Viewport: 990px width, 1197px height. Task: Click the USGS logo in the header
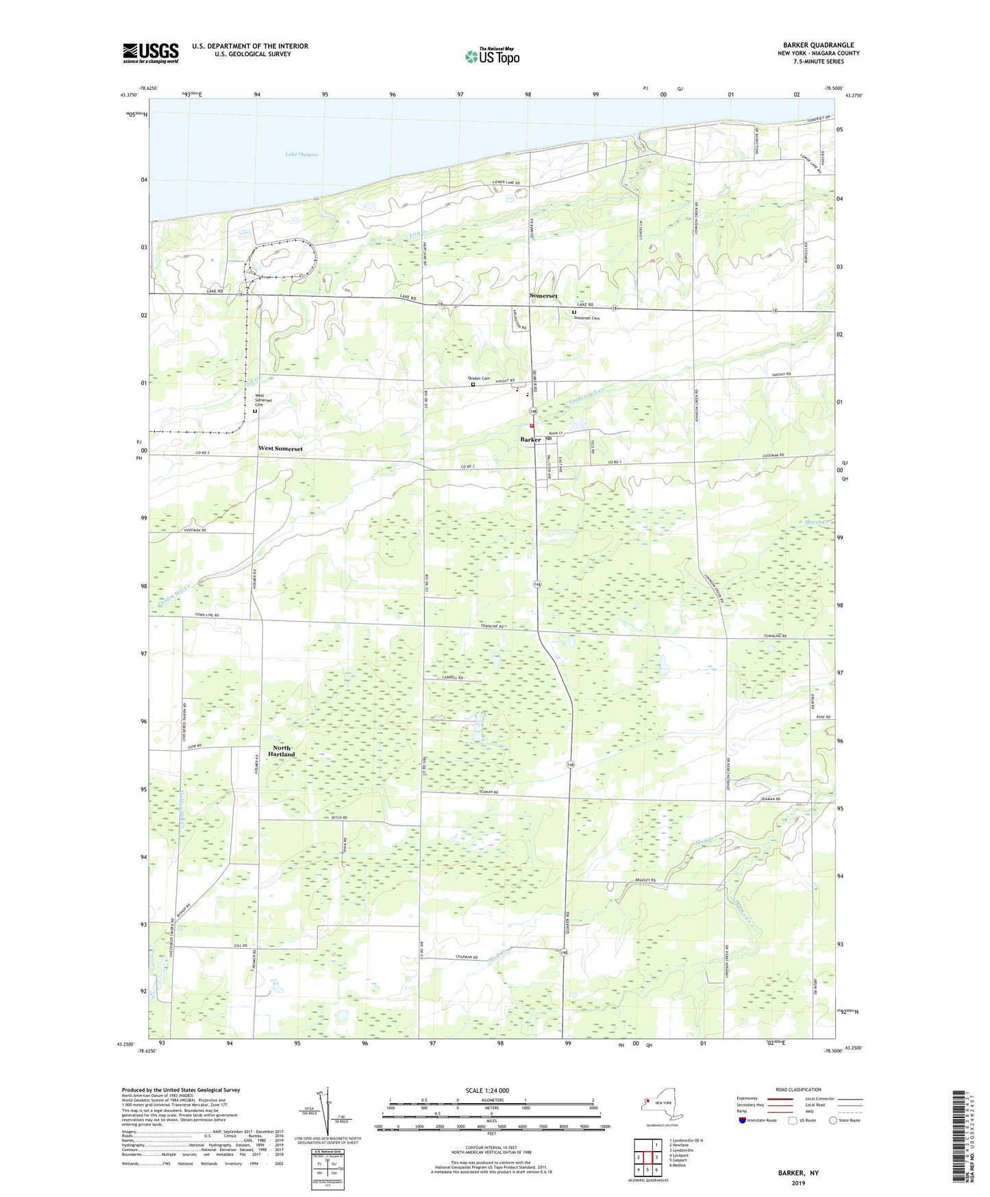[151, 53]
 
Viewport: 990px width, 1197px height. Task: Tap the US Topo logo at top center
[492, 56]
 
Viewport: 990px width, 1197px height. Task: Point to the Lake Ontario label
[302, 155]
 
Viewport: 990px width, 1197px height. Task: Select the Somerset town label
[543, 296]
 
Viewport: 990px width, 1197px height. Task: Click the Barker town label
[530, 439]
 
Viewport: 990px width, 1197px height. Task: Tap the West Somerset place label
[280, 448]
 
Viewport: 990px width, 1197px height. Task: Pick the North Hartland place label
[282, 751]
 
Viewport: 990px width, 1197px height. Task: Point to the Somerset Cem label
[586, 318]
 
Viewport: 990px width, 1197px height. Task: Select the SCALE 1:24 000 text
[487, 1090]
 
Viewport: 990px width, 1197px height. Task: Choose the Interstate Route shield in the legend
[743, 1120]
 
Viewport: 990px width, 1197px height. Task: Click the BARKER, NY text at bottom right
[798, 1173]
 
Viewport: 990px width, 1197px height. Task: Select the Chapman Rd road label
[465, 958]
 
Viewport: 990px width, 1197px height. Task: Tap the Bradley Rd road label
[645, 880]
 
